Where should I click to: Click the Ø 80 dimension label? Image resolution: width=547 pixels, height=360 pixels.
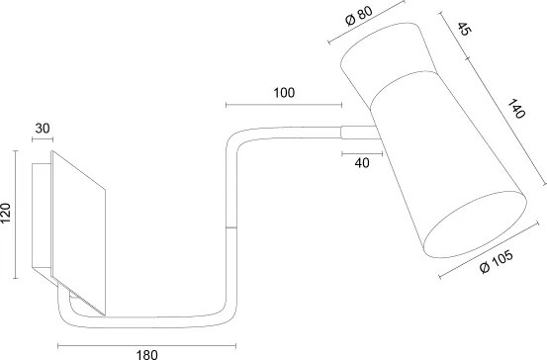(x=359, y=16)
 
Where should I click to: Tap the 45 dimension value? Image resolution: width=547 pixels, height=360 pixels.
(x=464, y=29)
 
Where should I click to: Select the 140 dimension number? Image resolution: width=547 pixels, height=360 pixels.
(x=516, y=109)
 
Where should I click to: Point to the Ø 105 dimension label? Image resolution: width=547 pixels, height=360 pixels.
(x=497, y=261)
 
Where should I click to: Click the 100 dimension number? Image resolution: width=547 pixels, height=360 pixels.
(x=284, y=93)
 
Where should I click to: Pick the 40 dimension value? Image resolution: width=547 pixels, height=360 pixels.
(x=362, y=163)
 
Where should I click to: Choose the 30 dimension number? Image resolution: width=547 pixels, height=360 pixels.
(x=43, y=129)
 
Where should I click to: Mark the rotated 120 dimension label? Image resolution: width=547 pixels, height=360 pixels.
(x=6, y=214)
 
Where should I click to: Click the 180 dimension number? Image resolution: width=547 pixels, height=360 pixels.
(x=146, y=355)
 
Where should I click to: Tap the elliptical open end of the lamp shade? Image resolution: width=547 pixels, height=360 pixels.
(x=475, y=225)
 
